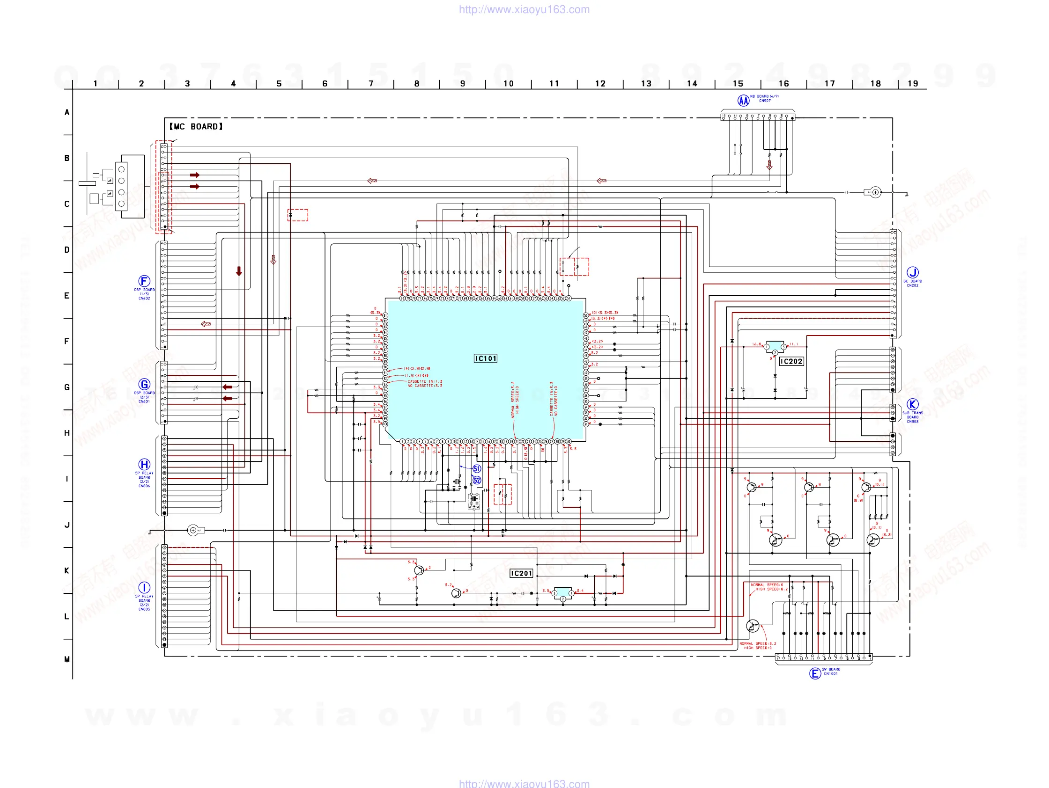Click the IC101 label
pos(486,358)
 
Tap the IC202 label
pos(791,361)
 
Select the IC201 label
pos(521,573)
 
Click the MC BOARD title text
pos(196,126)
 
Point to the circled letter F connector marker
pos(144,281)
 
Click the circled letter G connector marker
pos(144,384)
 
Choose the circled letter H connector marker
pos(144,464)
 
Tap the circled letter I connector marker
pos(144,588)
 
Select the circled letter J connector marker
pos(912,272)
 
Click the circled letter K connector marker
pos(912,404)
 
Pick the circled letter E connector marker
pos(815,673)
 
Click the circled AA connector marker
pos(743,101)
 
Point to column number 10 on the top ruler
pos(509,84)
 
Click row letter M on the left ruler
pos(67,659)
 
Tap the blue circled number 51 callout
pos(477,468)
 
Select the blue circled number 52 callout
pos(477,480)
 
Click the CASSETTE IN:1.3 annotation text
pos(425,381)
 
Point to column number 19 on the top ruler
pos(913,84)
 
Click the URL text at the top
pos(524,9)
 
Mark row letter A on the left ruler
pos(67,112)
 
